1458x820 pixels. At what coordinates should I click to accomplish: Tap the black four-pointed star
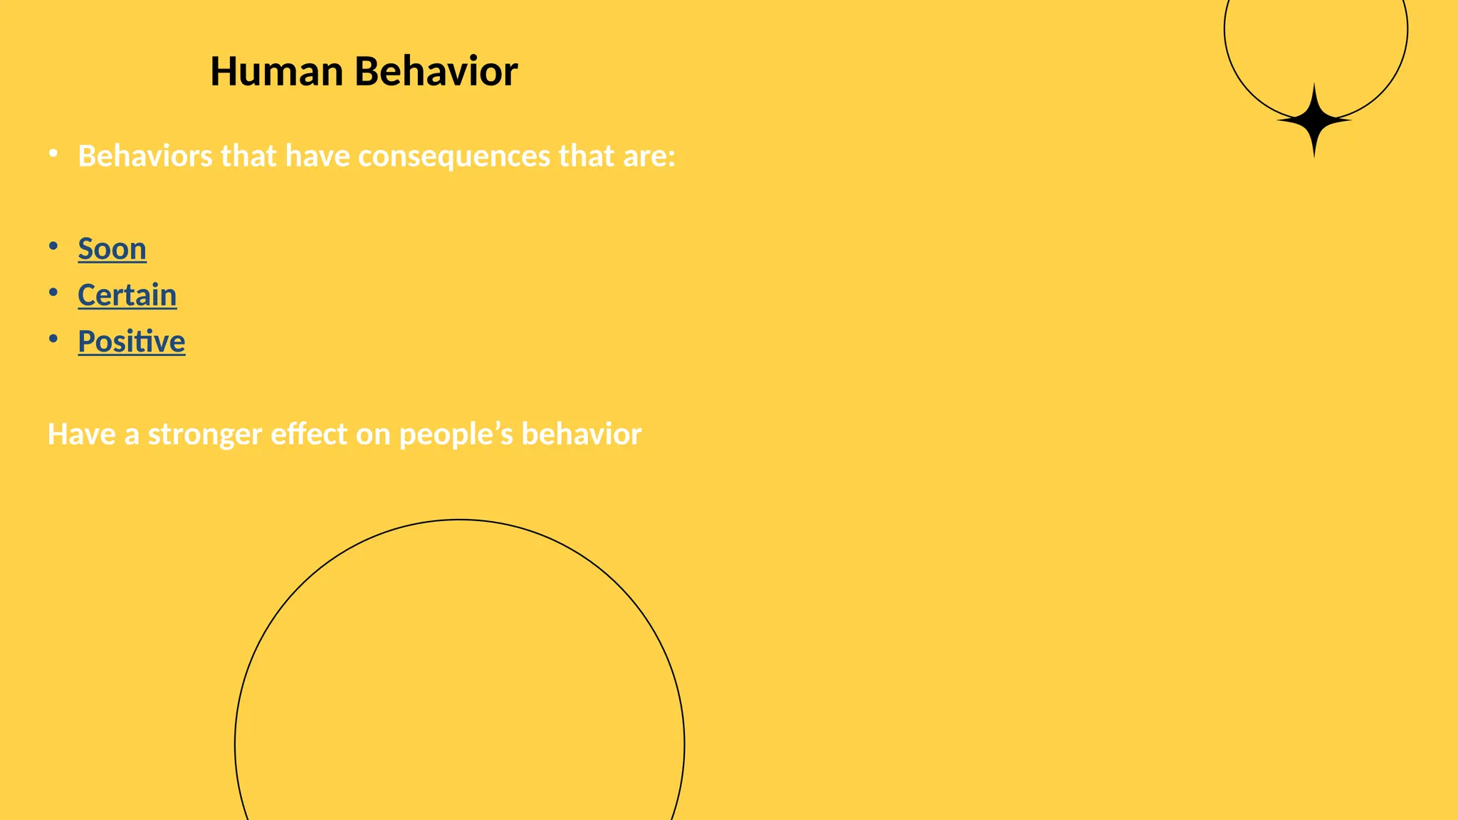click(1313, 121)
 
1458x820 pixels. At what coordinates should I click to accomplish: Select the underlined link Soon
click(112, 249)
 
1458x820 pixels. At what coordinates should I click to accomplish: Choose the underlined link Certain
click(127, 295)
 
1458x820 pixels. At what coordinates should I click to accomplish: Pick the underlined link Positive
click(132, 342)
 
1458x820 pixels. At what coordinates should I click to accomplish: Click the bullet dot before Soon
click(53, 246)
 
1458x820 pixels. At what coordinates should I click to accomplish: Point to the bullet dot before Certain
click(53, 293)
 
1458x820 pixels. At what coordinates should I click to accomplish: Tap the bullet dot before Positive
click(53, 339)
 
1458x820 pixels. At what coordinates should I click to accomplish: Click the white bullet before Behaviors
click(53, 154)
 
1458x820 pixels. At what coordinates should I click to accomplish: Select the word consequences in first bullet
click(454, 157)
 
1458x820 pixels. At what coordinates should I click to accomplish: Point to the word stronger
click(205, 435)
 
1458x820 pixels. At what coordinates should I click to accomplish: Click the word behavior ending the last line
click(581, 435)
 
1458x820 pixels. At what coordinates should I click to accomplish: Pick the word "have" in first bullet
click(317, 157)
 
